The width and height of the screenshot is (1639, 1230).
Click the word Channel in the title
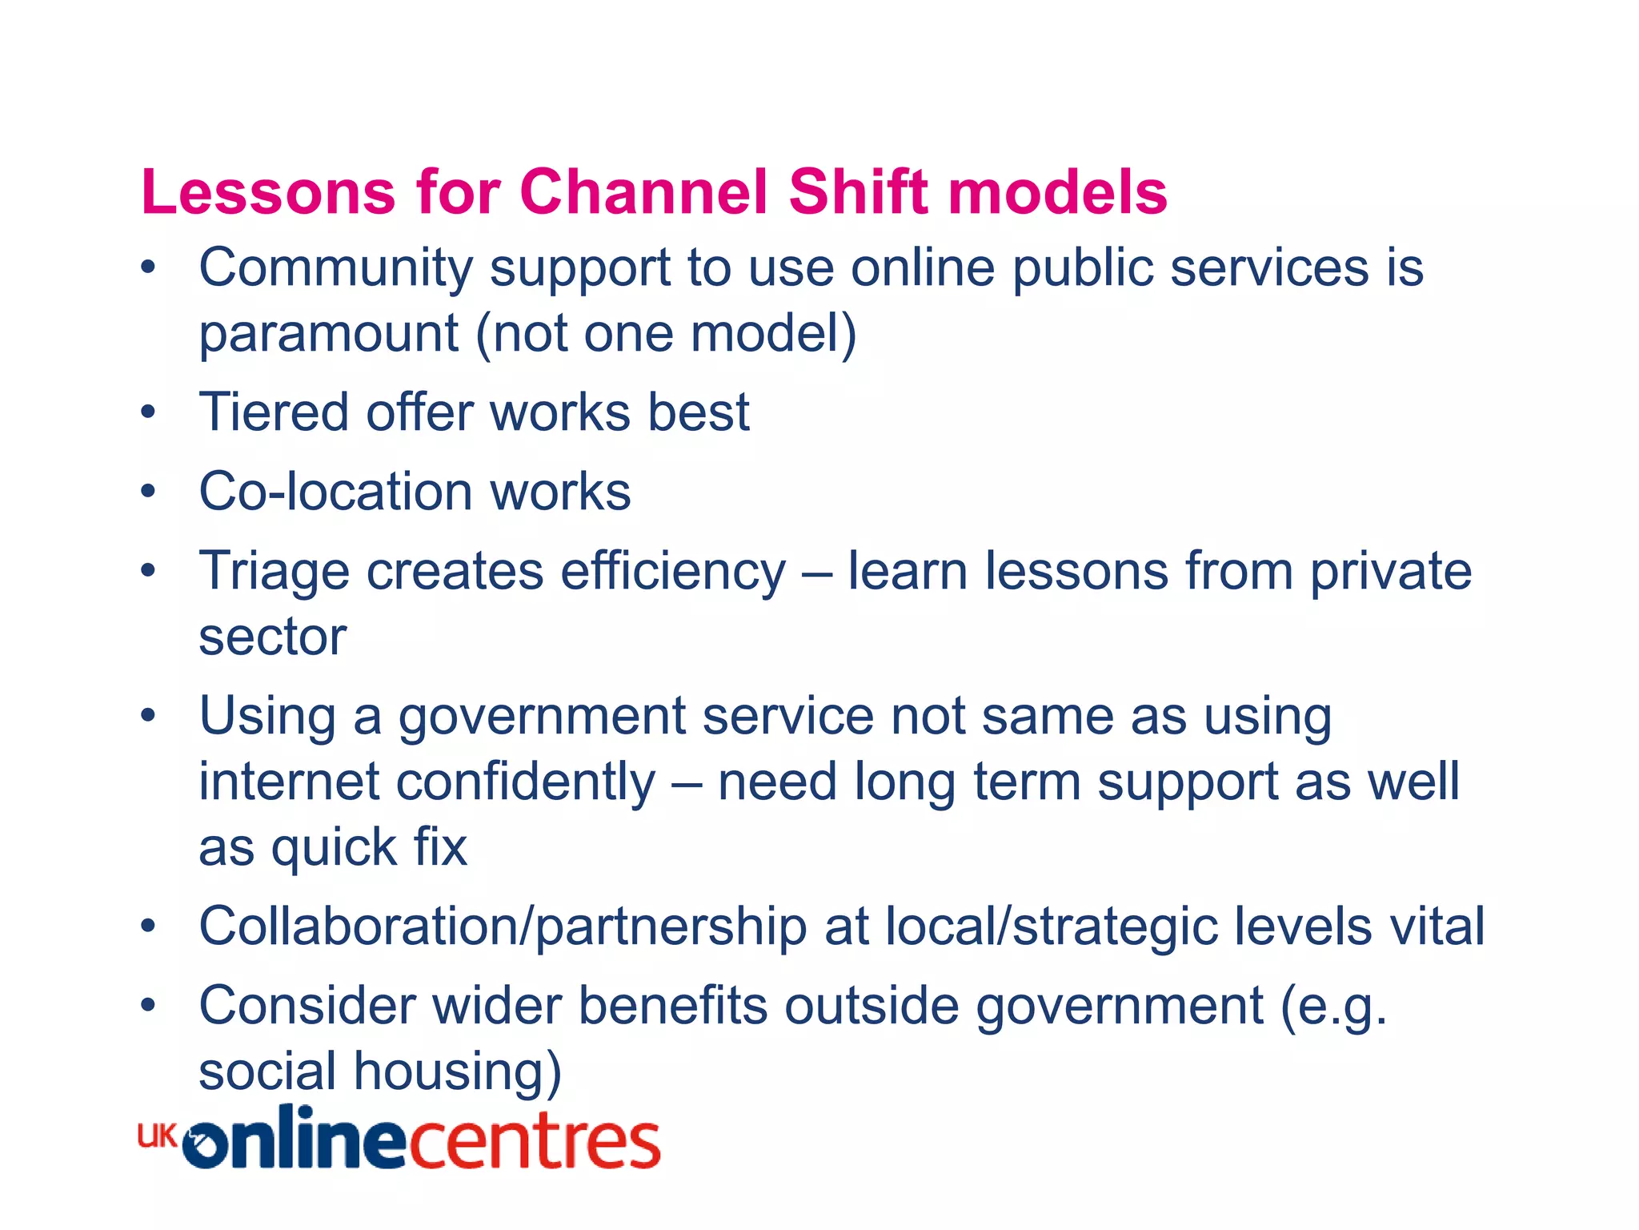[x=643, y=192]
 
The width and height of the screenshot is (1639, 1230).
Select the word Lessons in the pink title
[x=268, y=192]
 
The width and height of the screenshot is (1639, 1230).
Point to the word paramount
[x=328, y=334]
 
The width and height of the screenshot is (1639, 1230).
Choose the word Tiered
[x=274, y=412]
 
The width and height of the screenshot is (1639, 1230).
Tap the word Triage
[x=274, y=573]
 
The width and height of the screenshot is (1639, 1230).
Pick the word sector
[x=272, y=637]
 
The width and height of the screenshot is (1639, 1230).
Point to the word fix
[x=440, y=847]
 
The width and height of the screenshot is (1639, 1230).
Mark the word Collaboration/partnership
[x=503, y=927]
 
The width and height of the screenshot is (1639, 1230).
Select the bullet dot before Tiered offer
[x=148, y=413]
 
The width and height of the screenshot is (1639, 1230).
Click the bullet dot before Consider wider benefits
[x=148, y=1005]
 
